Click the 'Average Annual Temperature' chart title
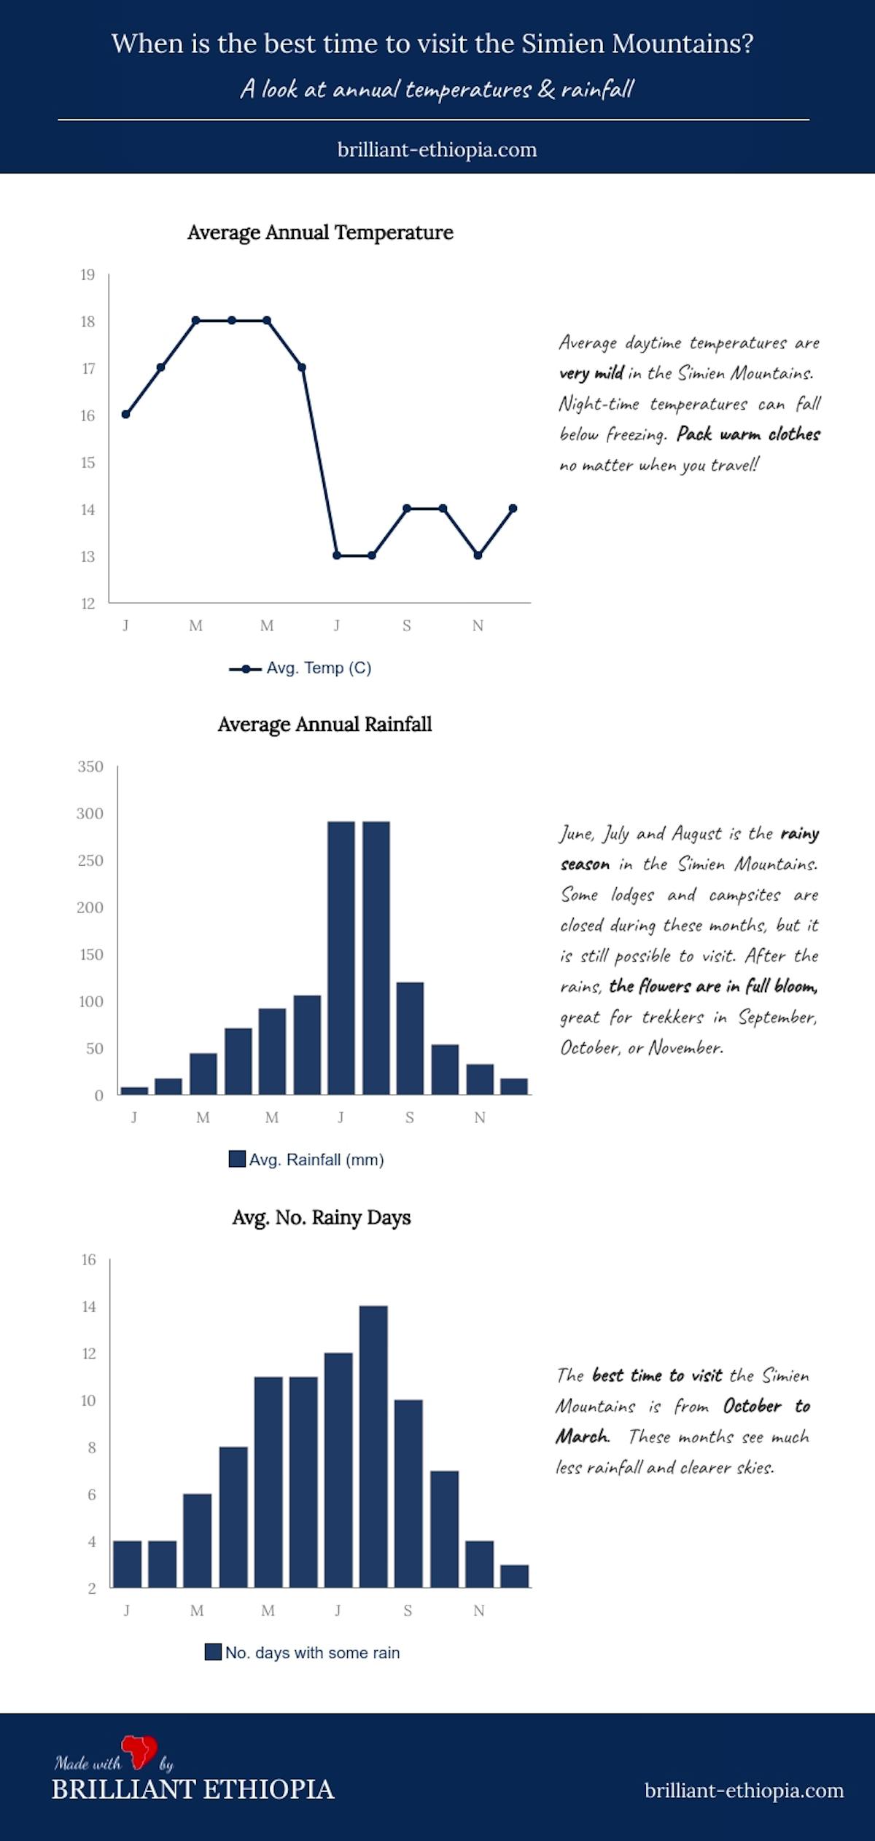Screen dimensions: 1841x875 (320, 232)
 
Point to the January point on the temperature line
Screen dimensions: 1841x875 (125, 414)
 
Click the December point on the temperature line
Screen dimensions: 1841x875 (513, 509)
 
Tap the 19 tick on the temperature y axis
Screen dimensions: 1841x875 (87, 275)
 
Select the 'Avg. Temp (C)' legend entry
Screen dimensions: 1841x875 (300, 668)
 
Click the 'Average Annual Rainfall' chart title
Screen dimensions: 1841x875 (324, 724)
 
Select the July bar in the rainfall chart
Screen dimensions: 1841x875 (341, 958)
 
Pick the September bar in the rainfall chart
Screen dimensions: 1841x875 (410, 1038)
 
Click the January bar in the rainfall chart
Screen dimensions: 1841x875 (134, 1090)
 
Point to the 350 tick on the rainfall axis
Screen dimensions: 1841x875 (90, 767)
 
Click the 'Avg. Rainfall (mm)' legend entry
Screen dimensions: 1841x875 (306, 1160)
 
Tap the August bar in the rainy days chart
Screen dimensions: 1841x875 (373, 1446)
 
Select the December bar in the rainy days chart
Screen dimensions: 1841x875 (514, 1576)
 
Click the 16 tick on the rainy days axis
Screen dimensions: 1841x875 (88, 1259)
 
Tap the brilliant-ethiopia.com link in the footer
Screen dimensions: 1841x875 (744, 1791)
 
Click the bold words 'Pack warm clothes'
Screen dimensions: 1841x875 (748, 434)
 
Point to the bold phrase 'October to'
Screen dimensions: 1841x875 (766, 1406)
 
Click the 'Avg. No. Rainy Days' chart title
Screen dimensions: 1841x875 (322, 1217)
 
